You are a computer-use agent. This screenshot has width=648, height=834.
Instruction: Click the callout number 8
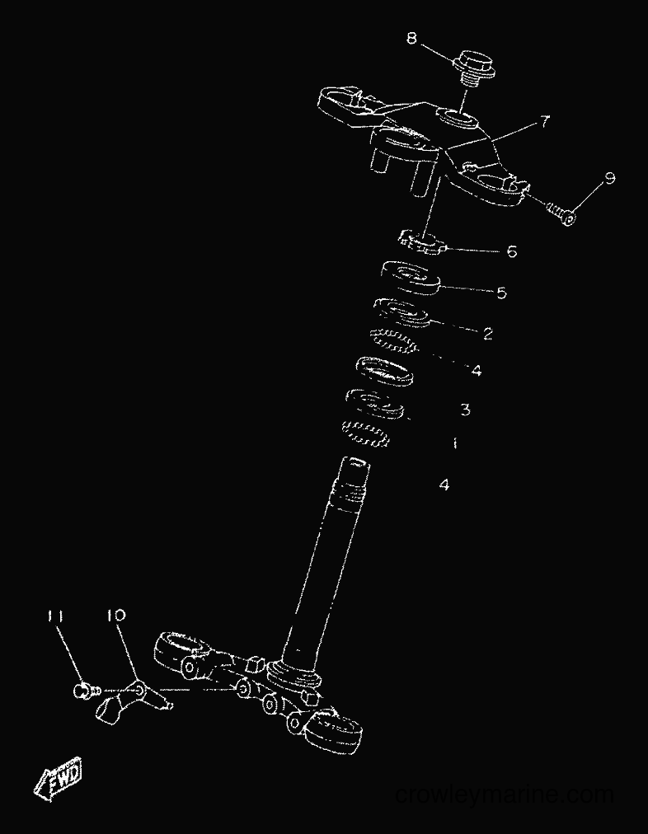[411, 38]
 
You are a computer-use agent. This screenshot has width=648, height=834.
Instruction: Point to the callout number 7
[544, 122]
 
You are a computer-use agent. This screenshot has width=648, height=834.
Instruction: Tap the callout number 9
[610, 178]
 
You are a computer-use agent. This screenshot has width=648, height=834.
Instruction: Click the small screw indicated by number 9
[561, 213]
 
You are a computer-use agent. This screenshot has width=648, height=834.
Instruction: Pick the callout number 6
[512, 251]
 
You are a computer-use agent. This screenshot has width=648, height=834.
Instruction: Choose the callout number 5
[502, 293]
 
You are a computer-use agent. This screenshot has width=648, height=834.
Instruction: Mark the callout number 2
[488, 334]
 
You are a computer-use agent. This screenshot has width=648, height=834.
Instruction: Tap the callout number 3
[465, 410]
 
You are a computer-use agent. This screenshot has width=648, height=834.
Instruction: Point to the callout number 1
[455, 443]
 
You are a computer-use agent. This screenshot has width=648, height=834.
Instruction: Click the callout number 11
[55, 616]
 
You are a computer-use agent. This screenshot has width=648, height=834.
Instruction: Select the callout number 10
[115, 616]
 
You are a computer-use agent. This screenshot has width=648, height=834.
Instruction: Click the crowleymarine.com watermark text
[505, 795]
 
